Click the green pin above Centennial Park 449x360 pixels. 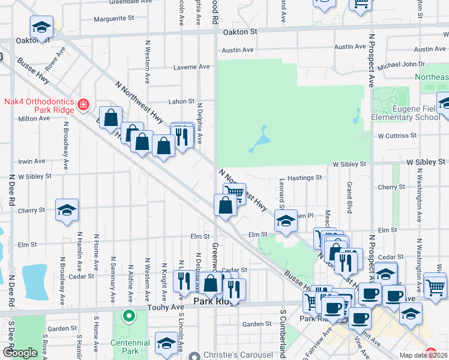pyautogui.click(x=127, y=316)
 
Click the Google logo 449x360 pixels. pyautogui.click(x=20, y=353)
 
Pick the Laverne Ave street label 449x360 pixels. pyautogui.click(x=191, y=67)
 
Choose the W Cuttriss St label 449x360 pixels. pyautogui.click(x=397, y=136)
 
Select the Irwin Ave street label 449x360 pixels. pyautogui.click(x=32, y=161)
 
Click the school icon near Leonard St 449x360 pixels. pyautogui.click(x=286, y=220)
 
